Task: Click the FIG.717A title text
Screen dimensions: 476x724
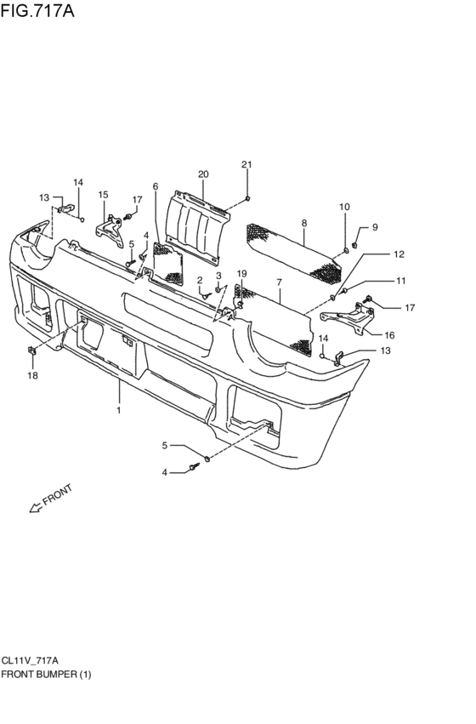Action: pos(37,10)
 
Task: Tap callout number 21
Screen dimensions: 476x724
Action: pos(246,165)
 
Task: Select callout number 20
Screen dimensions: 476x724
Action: pos(203,174)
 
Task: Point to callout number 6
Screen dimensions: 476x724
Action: pos(156,186)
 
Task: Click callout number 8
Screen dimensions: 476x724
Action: pos(304,224)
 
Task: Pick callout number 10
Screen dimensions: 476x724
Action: pos(344,208)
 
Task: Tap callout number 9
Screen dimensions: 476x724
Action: pos(375,227)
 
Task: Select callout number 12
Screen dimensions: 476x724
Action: pos(399,254)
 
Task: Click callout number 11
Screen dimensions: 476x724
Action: pos(400,281)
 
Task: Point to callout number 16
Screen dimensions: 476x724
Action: pos(389,336)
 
